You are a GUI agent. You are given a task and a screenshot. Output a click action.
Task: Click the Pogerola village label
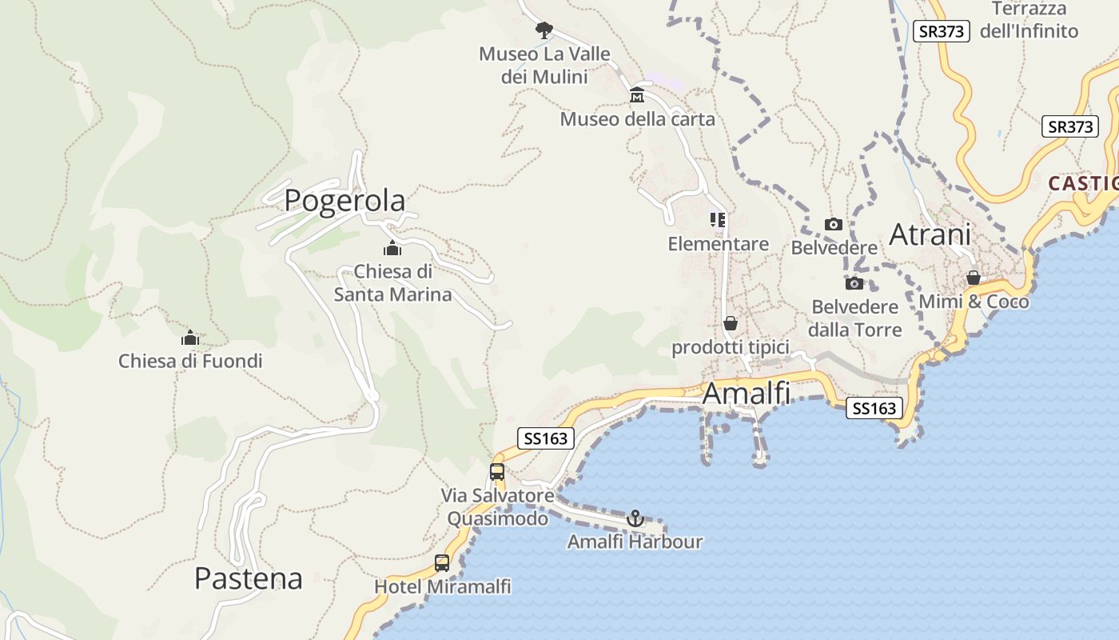click(344, 200)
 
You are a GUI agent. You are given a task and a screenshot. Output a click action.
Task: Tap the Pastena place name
click(249, 578)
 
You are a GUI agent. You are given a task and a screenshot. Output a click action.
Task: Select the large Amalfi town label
click(746, 394)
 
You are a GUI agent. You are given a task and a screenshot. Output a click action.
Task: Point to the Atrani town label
click(930, 234)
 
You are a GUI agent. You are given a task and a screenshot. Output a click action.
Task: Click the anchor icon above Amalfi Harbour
click(635, 518)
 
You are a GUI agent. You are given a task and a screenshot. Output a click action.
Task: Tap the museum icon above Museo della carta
click(637, 95)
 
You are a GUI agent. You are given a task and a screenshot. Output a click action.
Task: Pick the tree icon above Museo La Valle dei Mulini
click(544, 30)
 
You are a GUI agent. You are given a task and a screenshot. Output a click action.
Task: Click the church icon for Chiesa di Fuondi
click(189, 338)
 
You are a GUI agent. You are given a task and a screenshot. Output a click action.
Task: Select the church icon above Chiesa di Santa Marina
click(392, 248)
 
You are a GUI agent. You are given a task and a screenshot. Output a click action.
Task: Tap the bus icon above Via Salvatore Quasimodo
click(497, 471)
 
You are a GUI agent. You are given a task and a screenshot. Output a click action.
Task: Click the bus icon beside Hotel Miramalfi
click(442, 563)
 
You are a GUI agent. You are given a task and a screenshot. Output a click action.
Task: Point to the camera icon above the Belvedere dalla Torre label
click(854, 283)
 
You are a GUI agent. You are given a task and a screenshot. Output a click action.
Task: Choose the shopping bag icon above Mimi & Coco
click(974, 278)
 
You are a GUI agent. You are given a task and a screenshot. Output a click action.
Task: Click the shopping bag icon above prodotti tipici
click(730, 323)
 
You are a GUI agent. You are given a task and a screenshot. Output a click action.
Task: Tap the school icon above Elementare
click(718, 219)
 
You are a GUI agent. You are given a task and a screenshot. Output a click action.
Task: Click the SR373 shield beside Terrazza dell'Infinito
click(942, 31)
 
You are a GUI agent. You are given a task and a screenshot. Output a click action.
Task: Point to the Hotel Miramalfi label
click(443, 586)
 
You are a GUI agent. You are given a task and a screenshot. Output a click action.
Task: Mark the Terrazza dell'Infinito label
click(1029, 20)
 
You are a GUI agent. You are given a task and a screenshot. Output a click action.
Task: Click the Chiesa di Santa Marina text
click(392, 283)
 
